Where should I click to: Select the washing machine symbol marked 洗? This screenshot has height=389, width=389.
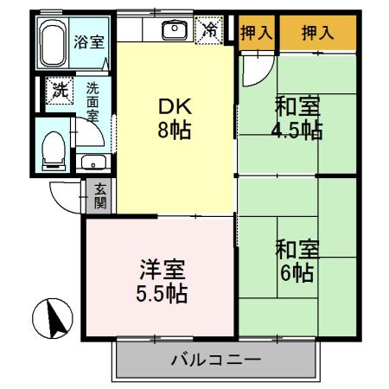coord(60,90)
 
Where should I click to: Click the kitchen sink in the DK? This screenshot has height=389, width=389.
coord(175,31)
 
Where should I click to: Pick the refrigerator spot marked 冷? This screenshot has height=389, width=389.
coord(210,30)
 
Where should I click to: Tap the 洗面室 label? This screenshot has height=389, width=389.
coord(92,100)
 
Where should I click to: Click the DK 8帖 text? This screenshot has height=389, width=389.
coord(174,119)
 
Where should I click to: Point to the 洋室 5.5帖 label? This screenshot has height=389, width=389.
coord(160,280)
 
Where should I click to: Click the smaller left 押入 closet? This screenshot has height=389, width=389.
coord(257,34)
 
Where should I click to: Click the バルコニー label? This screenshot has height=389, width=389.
coord(215,358)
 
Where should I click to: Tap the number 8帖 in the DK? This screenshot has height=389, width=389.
coord(174,132)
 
